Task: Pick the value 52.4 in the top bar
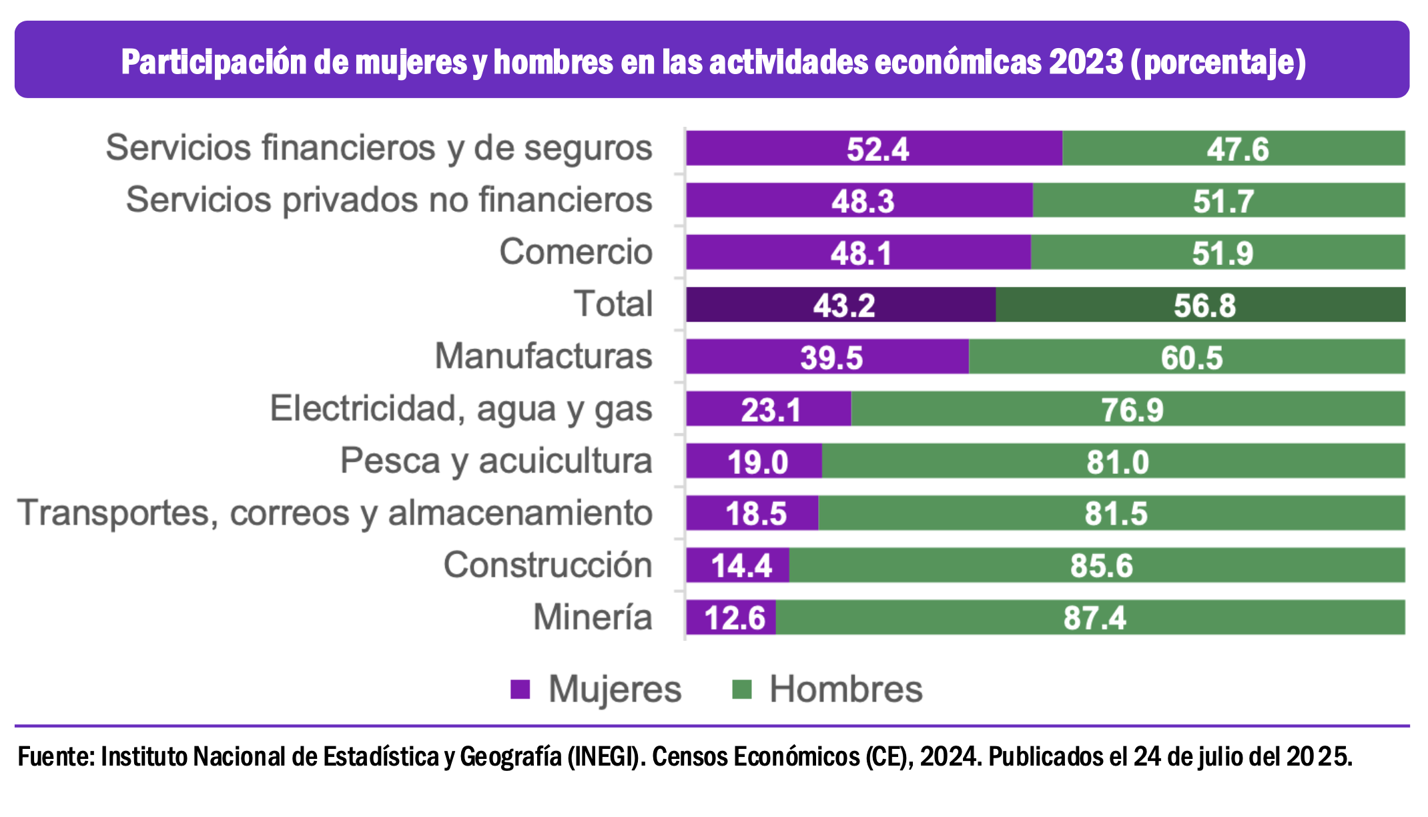(x=877, y=149)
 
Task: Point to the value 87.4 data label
(x=1094, y=618)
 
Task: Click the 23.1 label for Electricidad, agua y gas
(x=771, y=410)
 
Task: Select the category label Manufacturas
(x=543, y=356)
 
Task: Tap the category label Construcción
(x=547, y=565)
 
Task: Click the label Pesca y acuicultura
(x=496, y=461)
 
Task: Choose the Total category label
(x=613, y=304)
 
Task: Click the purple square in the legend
(x=520, y=690)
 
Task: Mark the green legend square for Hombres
(x=741, y=690)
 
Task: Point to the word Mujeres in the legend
(x=615, y=690)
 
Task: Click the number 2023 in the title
(x=1086, y=62)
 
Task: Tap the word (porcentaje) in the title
(x=1218, y=62)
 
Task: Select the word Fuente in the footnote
(x=56, y=757)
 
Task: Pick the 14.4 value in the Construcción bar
(x=741, y=566)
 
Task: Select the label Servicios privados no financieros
(x=389, y=200)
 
